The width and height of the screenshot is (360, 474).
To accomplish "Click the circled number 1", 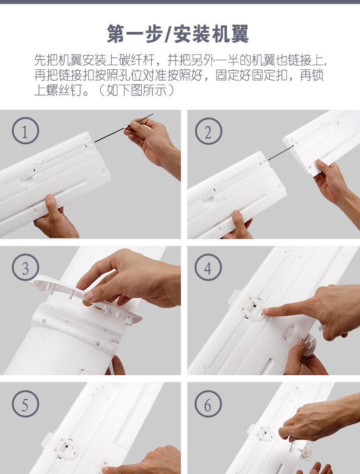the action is point(26,131).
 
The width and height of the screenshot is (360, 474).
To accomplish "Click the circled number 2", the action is point(208,131).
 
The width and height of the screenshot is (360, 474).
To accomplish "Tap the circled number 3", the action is point(26,267).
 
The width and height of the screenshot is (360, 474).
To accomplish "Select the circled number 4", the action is point(208,267).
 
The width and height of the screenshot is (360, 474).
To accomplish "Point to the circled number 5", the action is point(26,404).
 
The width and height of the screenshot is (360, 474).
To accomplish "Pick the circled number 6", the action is point(208,404).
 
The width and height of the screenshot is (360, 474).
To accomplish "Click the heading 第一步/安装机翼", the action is point(178,34).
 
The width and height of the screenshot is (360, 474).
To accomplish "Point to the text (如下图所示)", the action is point(137,90).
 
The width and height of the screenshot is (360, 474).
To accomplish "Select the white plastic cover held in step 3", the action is point(86,298).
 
